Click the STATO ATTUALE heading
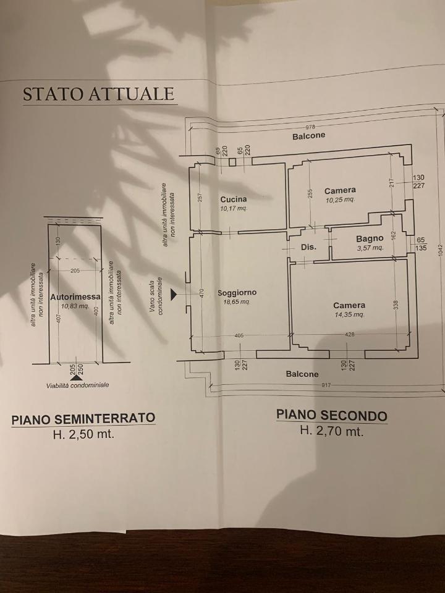click(99, 94)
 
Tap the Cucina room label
click(233, 199)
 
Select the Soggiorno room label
click(237, 293)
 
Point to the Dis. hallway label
click(308, 246)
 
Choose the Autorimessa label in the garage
click(75, 296)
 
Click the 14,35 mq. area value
click(349, 314)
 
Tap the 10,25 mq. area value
click(340, 200)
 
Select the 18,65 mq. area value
click(237, 302)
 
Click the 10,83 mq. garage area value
click(75, 306)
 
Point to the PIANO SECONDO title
click(331, 415)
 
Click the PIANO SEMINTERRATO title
click(83, 419)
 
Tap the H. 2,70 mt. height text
click(331, 431)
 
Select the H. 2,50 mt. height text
click(83, 434)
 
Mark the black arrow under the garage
click(75, 377)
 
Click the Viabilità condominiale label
click(77, 385)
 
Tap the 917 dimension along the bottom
click(326, 385)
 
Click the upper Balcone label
click(308, 135)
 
